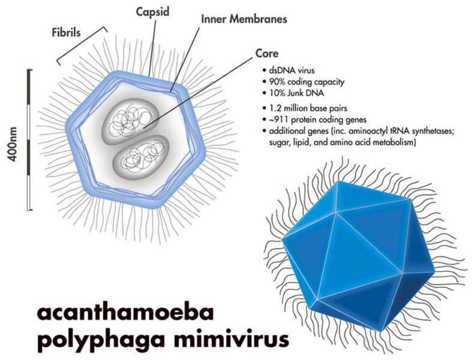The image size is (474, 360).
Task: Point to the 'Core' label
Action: pyautogui.click(x=266, y=54)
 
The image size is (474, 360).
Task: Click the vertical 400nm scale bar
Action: pyautogui.click(x=29, y=140)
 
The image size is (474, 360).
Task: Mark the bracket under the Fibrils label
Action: pyautogui.click(x=82, y=44)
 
